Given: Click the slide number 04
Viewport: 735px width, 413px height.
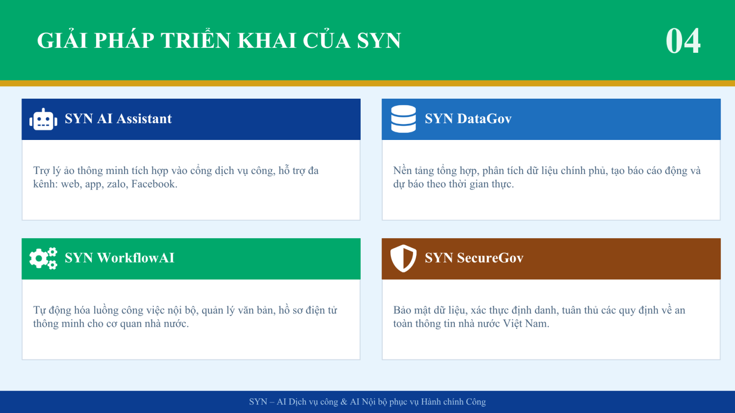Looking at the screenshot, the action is tap(683, 41).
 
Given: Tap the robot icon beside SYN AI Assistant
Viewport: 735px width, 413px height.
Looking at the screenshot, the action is tap(43, 119).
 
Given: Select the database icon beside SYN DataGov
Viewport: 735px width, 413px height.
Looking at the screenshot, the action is tap(403, 119).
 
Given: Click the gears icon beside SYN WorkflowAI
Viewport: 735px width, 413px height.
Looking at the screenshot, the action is tap(43, 259).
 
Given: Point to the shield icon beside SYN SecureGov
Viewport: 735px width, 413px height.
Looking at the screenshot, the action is tap(403, 258).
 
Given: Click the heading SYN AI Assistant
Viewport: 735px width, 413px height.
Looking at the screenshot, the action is tap(118, 119).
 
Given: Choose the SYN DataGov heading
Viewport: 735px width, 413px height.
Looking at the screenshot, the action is tap(468, 119).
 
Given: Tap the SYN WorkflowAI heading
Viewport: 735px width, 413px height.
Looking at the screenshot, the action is tap(119, 258).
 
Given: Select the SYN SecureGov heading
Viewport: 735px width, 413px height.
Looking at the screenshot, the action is tap(474, 258).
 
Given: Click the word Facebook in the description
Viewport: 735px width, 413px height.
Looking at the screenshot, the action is tap(154, 184).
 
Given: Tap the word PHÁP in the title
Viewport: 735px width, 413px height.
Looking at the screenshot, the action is tap(124, 40).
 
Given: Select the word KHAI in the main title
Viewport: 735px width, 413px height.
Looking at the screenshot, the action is tap(267, 41).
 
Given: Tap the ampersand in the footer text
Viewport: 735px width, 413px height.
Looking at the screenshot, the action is tap(344, 402).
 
